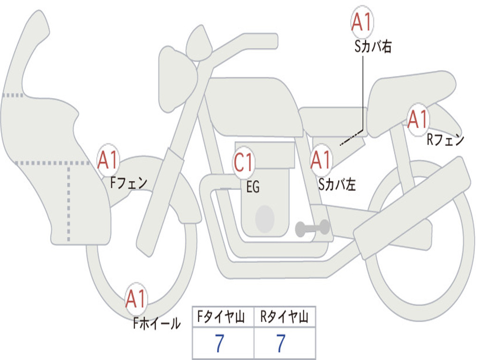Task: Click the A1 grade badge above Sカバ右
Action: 362,22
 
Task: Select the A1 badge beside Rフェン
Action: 418,119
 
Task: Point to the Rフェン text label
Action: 445,140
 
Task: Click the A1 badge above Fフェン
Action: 108,160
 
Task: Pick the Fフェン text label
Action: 128,182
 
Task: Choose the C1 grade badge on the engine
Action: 244,162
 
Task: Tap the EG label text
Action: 253,187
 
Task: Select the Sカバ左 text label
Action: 337,185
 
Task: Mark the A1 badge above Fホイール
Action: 136,299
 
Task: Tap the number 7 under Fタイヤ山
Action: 219,344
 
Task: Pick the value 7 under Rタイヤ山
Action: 281,344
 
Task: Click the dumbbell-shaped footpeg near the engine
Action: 312,228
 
